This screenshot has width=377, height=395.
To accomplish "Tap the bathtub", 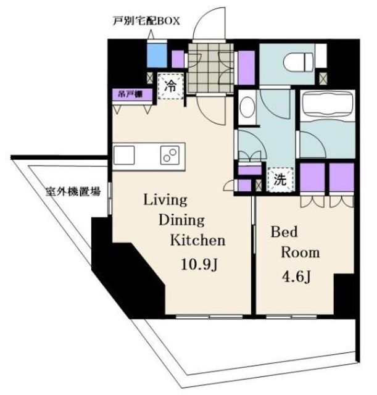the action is [328, 104].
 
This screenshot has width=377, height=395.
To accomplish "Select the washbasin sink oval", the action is [248, 107].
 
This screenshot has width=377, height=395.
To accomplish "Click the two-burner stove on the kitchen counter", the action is [170, 155].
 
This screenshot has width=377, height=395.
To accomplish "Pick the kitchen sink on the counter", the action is [124, 155].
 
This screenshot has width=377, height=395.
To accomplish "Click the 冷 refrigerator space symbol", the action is [170, 86].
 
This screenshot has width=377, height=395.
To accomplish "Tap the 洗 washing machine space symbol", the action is [280, 180].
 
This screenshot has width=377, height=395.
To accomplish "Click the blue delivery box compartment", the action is [157, 55].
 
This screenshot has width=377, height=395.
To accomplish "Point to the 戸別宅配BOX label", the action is [146, 21].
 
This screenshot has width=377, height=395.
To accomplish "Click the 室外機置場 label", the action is [73, 192].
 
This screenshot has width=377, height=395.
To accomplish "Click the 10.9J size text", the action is [199, 265].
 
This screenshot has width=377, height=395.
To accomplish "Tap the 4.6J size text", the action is [296, 277].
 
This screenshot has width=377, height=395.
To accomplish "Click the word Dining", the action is [181, 220].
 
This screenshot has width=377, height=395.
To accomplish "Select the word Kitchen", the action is [197, 240].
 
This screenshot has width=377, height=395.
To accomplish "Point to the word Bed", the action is [284, 232].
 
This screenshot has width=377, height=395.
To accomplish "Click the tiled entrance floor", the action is [211, 69].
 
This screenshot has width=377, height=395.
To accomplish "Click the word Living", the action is [165, 201].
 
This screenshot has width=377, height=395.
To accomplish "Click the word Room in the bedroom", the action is [300, 252].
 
